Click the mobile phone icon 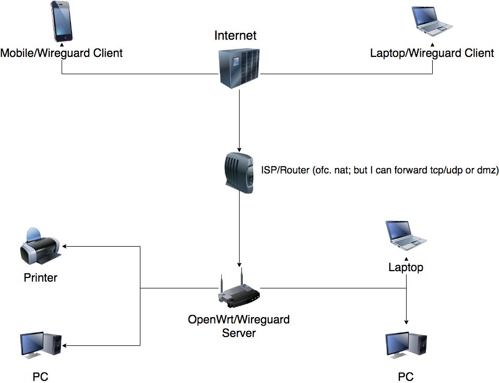click(x=62, y=21)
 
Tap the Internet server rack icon click(x=239, y=66)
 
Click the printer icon click(x=40, y=248)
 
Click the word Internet click(x=235, y=36)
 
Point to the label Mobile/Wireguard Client click(x=62, y=53)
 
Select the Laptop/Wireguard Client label click(x=432, y=53)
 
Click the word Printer click(x=40, y=277)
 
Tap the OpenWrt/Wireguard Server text click(x=239, y=326)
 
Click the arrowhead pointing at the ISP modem click(x=240, y=149)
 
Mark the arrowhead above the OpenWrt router click(x=240, y=264)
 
